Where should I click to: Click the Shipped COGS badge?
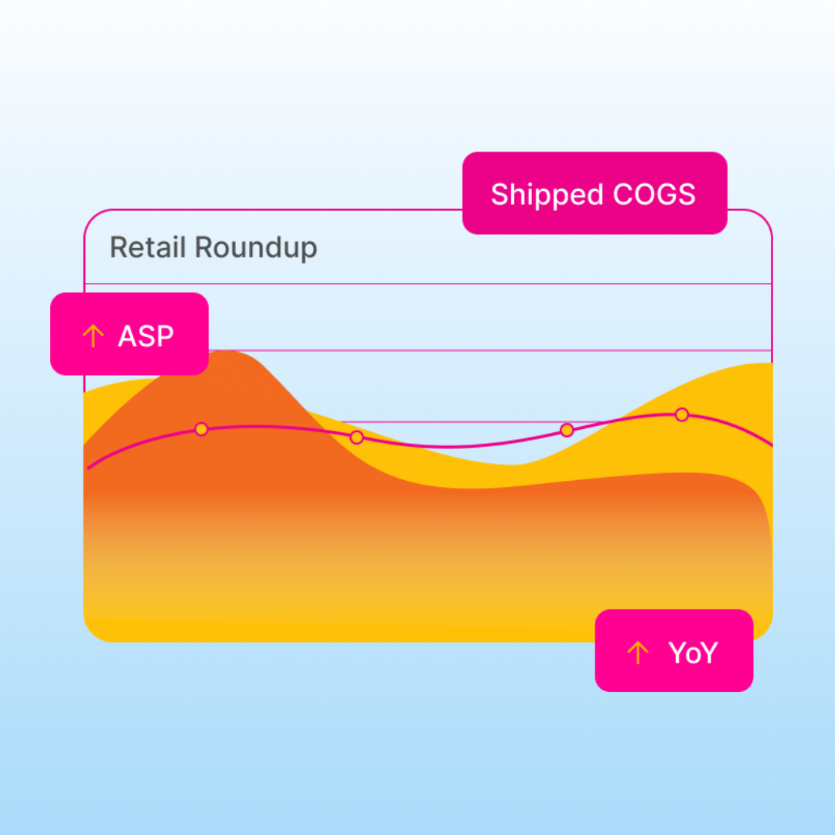pos(595,193)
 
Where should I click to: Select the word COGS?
pos(654,194)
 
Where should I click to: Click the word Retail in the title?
pos(148,247)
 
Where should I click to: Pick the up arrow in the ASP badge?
pos(94,336)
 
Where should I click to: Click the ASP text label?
pos(146,336)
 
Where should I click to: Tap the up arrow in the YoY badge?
pos(638,653)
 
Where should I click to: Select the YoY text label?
pos(694,653)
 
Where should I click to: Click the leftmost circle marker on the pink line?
pos(201,429)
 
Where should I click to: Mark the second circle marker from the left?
pos(356,438)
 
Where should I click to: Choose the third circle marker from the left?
pos(567,430)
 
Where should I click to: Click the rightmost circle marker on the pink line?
pos(682,415)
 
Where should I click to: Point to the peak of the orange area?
pos(228,351)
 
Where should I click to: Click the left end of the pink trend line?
pos(88,468)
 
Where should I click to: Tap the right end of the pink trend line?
pos(772,445)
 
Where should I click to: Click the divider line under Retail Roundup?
pos(428,284)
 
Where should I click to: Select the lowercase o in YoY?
pos(694,656)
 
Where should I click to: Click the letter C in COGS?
pos(624,194)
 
